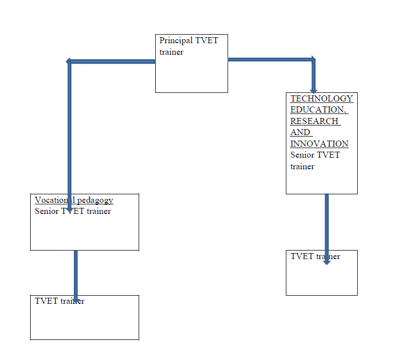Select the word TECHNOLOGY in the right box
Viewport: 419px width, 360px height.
point(322,98)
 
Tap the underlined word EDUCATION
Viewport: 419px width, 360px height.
point(318,109)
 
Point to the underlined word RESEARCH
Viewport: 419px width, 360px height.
point(314,121)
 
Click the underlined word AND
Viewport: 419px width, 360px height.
point(300,133)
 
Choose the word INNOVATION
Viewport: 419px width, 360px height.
point(319,144)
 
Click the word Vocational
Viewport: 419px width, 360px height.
point(52,200)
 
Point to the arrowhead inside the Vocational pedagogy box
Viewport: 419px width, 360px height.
point(70,208)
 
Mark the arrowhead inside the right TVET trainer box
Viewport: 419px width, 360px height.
point(327,261)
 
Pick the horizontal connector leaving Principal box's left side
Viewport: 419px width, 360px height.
point(113,61)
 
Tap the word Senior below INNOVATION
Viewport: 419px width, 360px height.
point(302,155)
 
